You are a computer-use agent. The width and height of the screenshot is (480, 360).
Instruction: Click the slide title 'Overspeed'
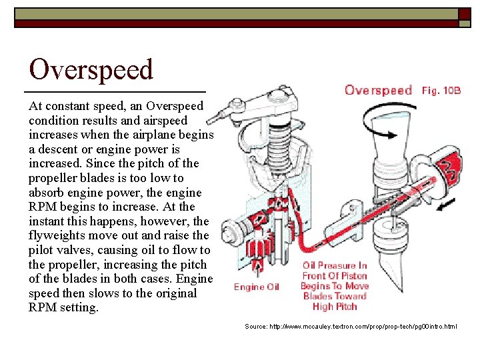tap(91, 69)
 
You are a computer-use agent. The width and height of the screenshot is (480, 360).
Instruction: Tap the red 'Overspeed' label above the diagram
tap(378, 90)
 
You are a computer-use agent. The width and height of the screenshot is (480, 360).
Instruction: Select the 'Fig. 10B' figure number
tap(441, 90)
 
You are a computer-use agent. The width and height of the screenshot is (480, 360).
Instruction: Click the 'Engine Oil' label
tap(257, 287)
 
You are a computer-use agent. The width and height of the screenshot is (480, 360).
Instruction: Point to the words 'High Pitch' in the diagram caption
tap(335, 307)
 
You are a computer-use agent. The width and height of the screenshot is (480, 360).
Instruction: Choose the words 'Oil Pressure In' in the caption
tap(335, 265)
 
